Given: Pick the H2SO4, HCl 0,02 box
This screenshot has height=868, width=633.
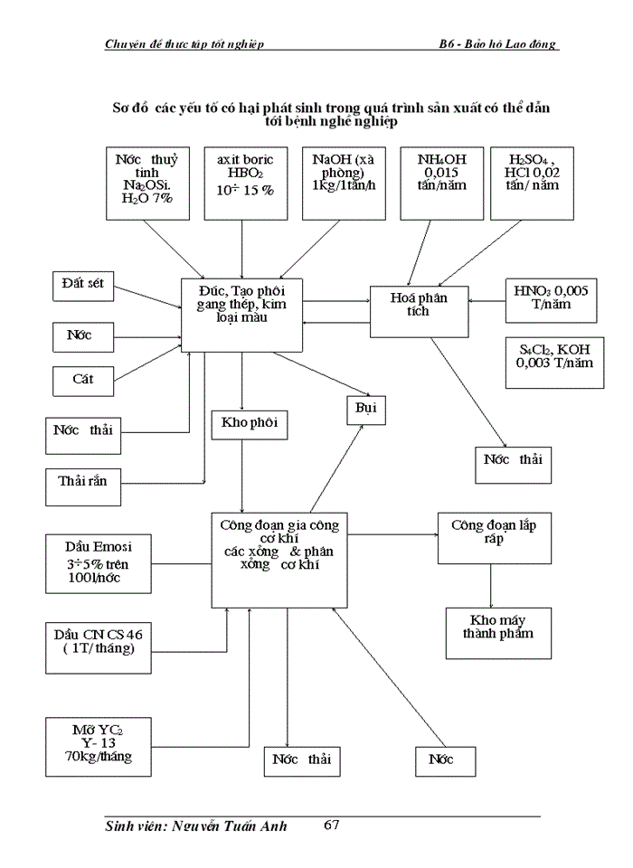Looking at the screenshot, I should (538, 181).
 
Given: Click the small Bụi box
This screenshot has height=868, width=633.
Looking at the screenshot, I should (366, 409).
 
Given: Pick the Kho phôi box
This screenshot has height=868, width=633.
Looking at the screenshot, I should (243, 424).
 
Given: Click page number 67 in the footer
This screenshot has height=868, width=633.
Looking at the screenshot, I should (330, 825).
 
